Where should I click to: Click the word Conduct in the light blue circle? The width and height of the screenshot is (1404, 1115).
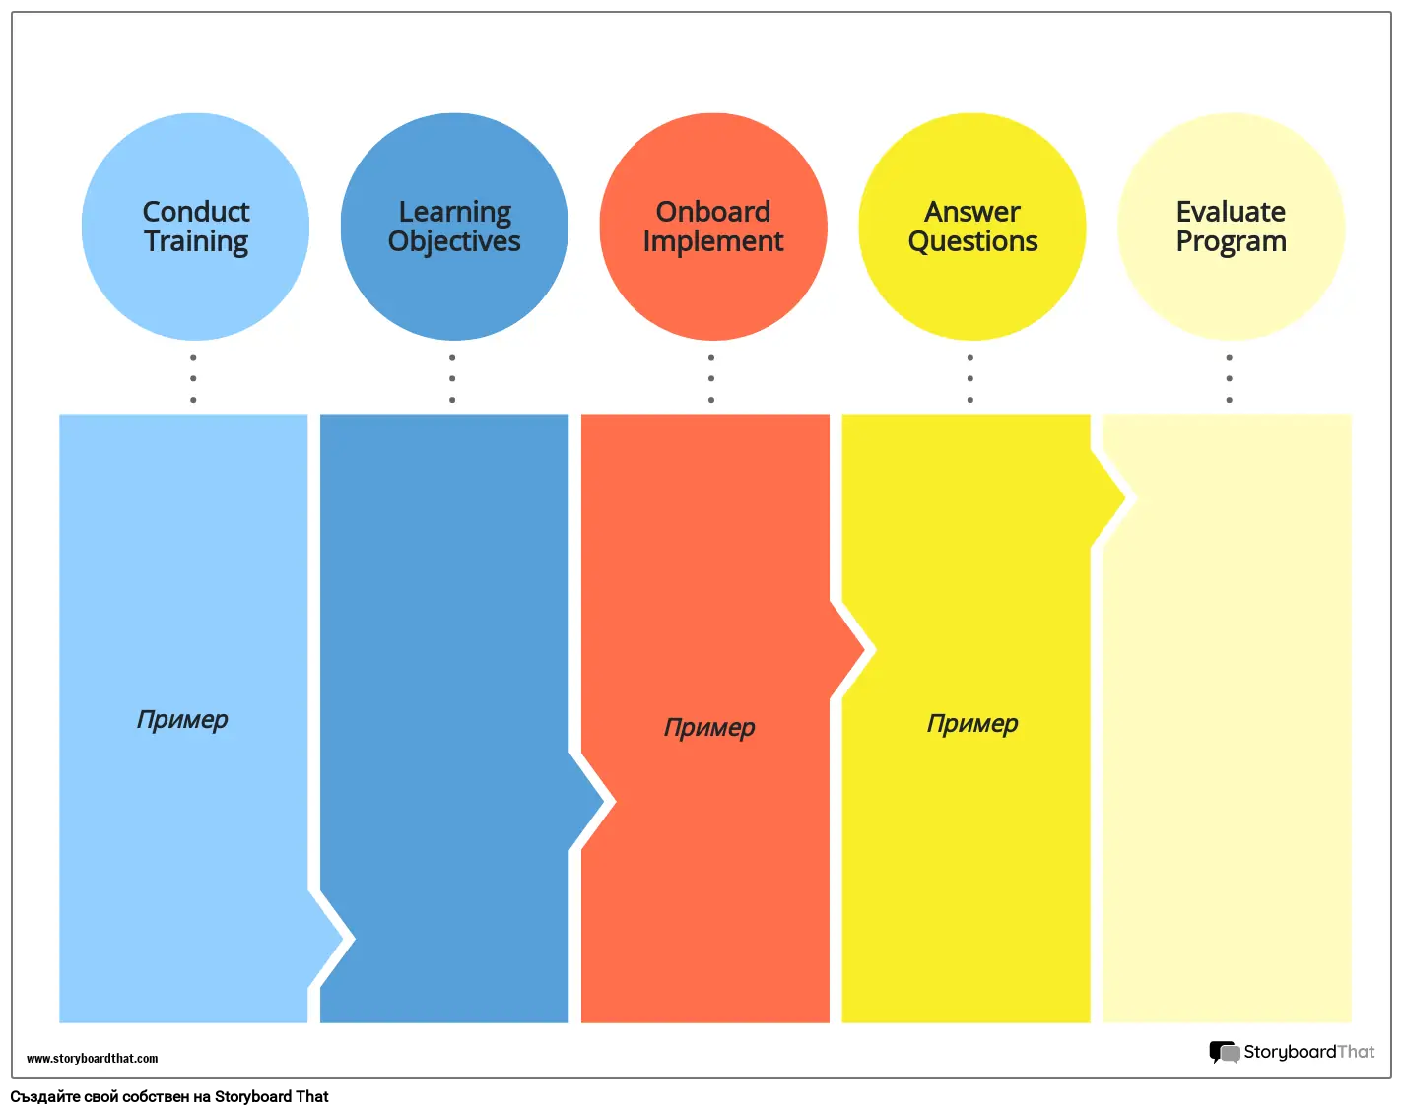click(x=196, y=212)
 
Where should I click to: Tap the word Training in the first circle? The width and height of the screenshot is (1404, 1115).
click(x=196, y=242)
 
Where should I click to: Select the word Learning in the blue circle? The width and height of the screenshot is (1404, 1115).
click(x=454, y=213)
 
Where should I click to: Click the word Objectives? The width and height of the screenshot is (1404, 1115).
click(x=454, y=242)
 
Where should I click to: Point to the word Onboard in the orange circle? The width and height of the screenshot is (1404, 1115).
click(x=713, y=212)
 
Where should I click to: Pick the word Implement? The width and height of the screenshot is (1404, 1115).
click(x=713, y=242)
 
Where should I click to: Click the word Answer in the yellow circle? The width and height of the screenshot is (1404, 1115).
click(x=972, y=212)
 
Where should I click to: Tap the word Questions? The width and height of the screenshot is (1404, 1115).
click(x=972, y=242)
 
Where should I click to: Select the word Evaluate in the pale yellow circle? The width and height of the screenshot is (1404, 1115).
click(x=1231, y=212)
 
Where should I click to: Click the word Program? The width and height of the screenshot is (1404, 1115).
click(x=1231, y=242)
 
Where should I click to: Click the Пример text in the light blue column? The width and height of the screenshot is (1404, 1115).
click(x=182, y=720)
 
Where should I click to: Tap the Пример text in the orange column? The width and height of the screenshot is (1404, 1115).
click(x=709, y=728)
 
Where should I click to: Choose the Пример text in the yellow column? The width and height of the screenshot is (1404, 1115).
click(x=972, y=724)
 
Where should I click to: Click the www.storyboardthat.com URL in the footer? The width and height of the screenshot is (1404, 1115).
click(x=93, y=1059)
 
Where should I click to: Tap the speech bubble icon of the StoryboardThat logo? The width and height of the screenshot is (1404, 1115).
click(x=1224, y=1053)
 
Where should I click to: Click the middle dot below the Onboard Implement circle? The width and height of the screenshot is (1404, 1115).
click(x=711, y=378)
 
